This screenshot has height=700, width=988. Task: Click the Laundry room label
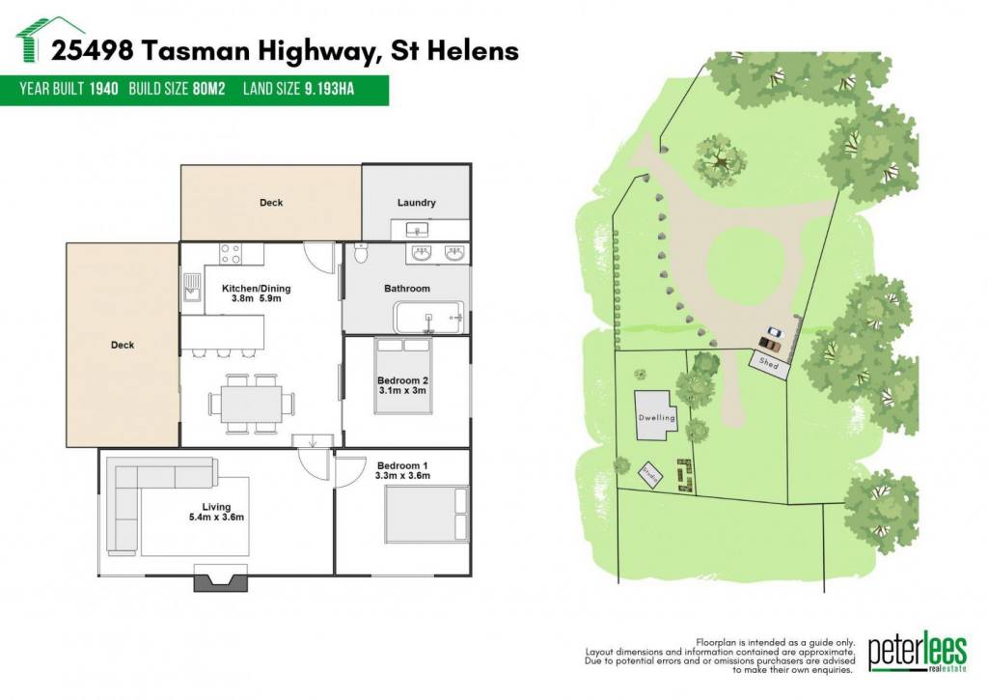coord(416,203)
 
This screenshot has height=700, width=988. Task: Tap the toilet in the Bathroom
coord(361,253)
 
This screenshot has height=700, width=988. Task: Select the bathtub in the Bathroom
coord(429,318)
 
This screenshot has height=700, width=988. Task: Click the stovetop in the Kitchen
coord(231,254)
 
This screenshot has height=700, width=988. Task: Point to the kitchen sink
coord(192,288)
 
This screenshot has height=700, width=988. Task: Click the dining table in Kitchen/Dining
coord(252,404)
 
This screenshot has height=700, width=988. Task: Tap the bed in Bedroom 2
coord(402,376)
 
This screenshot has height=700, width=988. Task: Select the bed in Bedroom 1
coord(427,514)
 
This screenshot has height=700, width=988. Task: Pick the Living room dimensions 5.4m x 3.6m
coord(216,518)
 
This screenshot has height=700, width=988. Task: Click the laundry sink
coord(417,228)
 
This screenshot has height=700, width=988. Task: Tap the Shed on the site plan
coord(769,365)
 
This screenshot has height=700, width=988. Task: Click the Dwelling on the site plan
coord(656,415)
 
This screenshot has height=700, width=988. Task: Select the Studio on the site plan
coord(649,475)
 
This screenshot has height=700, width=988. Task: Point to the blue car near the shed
coord(774,332)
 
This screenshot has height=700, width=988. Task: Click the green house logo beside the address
coord(44,39)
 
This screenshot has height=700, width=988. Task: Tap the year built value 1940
coord(104,89)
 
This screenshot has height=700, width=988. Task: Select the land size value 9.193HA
coord(329,89)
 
